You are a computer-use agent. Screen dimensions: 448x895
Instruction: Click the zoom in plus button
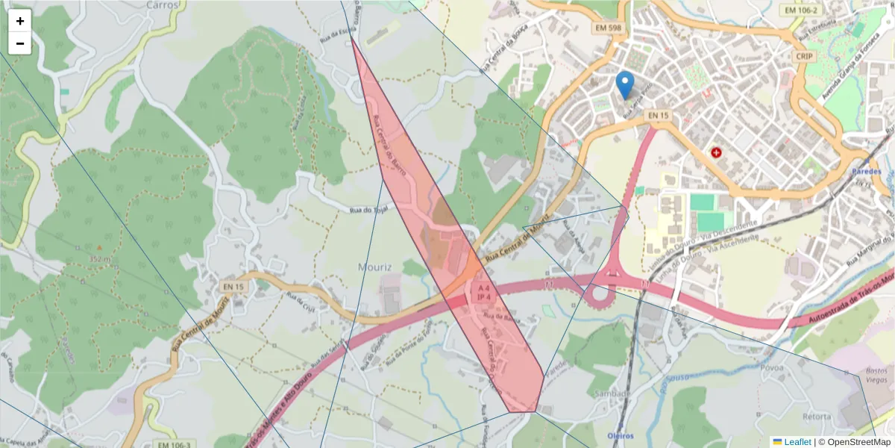(20, 21)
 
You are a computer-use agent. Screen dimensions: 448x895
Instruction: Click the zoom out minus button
(20, 43)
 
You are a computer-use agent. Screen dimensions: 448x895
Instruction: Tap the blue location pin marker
(626, 85)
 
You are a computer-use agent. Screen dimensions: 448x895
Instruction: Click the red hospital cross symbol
(717, 152)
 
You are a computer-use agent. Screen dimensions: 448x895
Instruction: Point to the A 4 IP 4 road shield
(483, 292)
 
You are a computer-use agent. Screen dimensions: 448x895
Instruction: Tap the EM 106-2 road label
(802, 10)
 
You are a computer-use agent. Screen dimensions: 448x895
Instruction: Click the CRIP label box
(804, 56)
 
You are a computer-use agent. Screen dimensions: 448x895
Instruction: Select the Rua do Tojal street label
(371, 210)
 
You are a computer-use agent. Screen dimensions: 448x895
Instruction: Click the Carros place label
(163, 4)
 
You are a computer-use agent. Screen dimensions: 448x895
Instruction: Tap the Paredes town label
(865, 171)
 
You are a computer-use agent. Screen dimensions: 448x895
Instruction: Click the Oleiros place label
(620, 435)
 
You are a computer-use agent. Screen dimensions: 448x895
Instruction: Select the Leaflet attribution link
(797, 442)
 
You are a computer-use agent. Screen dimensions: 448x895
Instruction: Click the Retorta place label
(817, 416)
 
